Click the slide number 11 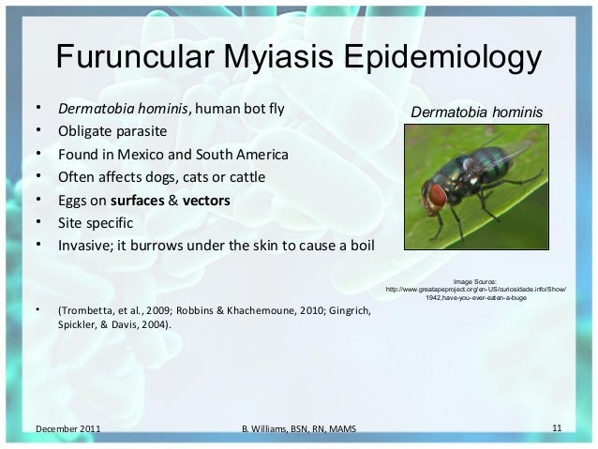(x=557, y=428)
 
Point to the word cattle (x=247, y=177)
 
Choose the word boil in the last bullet (x=361, y=247)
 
